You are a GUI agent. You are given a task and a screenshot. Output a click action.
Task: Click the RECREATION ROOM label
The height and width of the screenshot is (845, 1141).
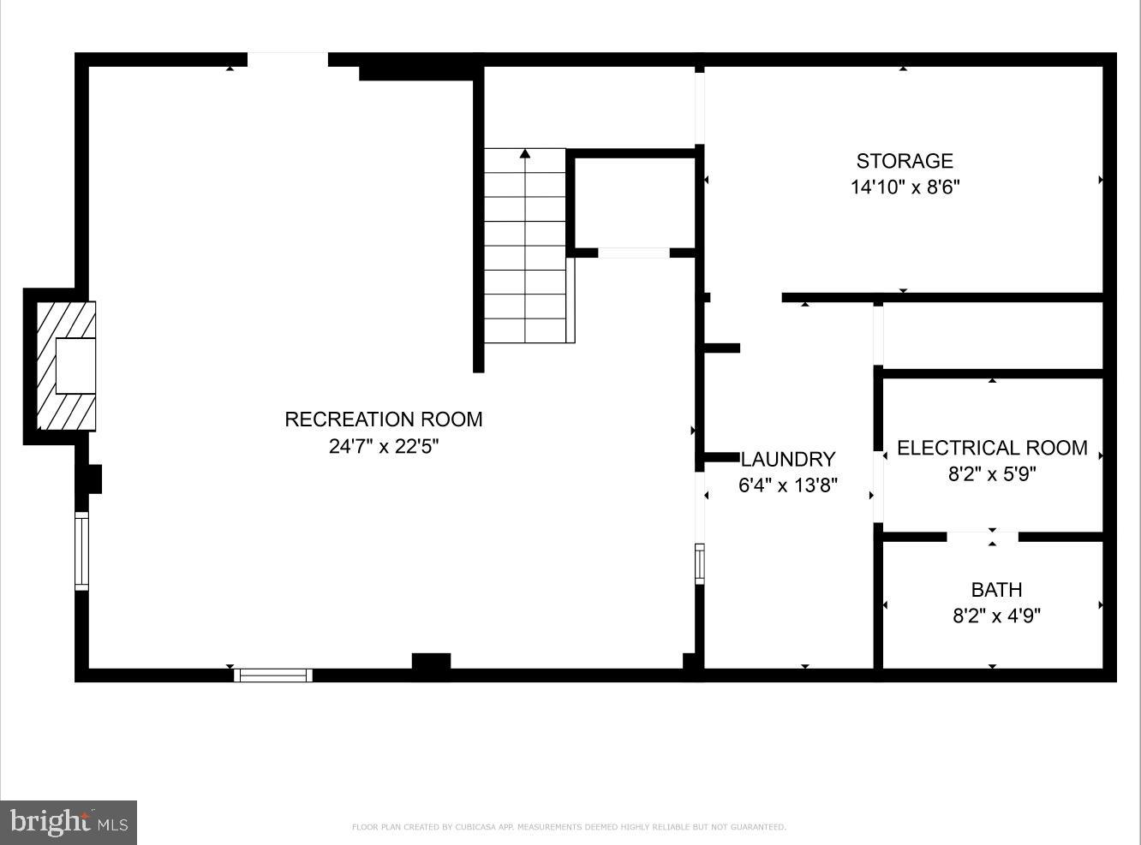383,420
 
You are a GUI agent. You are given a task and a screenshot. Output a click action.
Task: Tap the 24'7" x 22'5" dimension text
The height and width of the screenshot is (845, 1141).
383,446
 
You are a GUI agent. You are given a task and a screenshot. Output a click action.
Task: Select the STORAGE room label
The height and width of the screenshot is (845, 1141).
904,161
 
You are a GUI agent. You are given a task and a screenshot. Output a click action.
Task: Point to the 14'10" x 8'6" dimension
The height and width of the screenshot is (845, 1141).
904,187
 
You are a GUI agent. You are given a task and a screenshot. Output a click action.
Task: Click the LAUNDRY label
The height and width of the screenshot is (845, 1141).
787,459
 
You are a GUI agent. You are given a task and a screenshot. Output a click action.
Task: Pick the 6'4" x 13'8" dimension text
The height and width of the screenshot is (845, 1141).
787,485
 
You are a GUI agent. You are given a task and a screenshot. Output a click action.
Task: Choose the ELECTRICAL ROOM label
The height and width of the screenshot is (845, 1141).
992,448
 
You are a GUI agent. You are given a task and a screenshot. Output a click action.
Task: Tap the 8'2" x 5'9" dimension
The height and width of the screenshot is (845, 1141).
992,473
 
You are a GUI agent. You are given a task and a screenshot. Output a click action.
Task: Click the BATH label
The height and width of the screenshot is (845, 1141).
996,590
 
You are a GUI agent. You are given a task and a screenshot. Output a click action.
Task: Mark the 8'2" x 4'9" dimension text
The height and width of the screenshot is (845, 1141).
996,616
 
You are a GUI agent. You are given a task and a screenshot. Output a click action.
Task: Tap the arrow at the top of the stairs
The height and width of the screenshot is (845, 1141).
525,154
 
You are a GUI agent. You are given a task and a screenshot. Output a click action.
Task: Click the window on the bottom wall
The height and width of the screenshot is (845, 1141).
273,675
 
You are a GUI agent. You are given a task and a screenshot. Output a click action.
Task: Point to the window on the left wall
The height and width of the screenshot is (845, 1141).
82,550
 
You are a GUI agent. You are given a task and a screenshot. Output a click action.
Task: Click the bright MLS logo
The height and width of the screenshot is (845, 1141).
69,823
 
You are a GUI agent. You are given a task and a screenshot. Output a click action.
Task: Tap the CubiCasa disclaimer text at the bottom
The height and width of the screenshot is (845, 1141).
569,827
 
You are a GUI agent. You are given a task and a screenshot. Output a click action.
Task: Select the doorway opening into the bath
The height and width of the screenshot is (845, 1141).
983,537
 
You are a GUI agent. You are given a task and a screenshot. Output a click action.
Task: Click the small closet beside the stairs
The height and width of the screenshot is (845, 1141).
633,202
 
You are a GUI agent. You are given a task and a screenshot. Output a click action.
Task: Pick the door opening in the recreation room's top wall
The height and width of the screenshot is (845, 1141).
288,59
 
